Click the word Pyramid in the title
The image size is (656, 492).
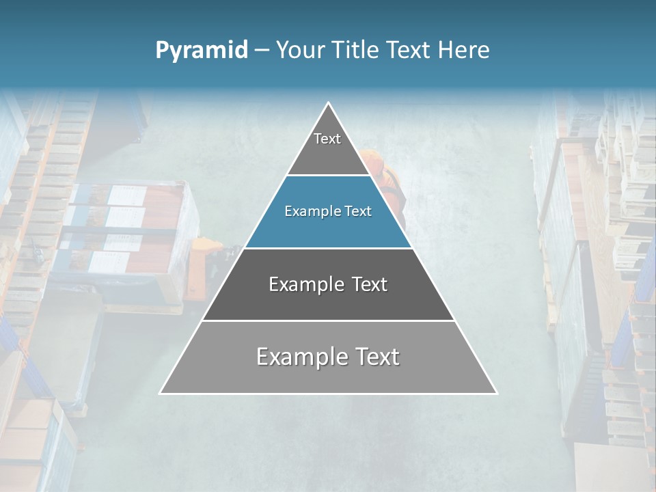(201, 51)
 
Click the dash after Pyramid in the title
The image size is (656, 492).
(261, 51)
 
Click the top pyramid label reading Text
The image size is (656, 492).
(327, 139)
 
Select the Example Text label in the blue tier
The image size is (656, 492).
(328, 211)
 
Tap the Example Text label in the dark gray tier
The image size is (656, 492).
(328, 284)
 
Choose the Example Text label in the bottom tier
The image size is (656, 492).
(328, 357)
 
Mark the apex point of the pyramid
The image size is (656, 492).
(329, 103)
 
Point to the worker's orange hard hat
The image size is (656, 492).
(373, 161)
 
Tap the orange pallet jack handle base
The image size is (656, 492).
(205, 244)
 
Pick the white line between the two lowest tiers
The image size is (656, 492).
(328, 320)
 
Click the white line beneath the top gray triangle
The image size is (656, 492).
(328, 175)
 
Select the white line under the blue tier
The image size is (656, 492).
(328, 248)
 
